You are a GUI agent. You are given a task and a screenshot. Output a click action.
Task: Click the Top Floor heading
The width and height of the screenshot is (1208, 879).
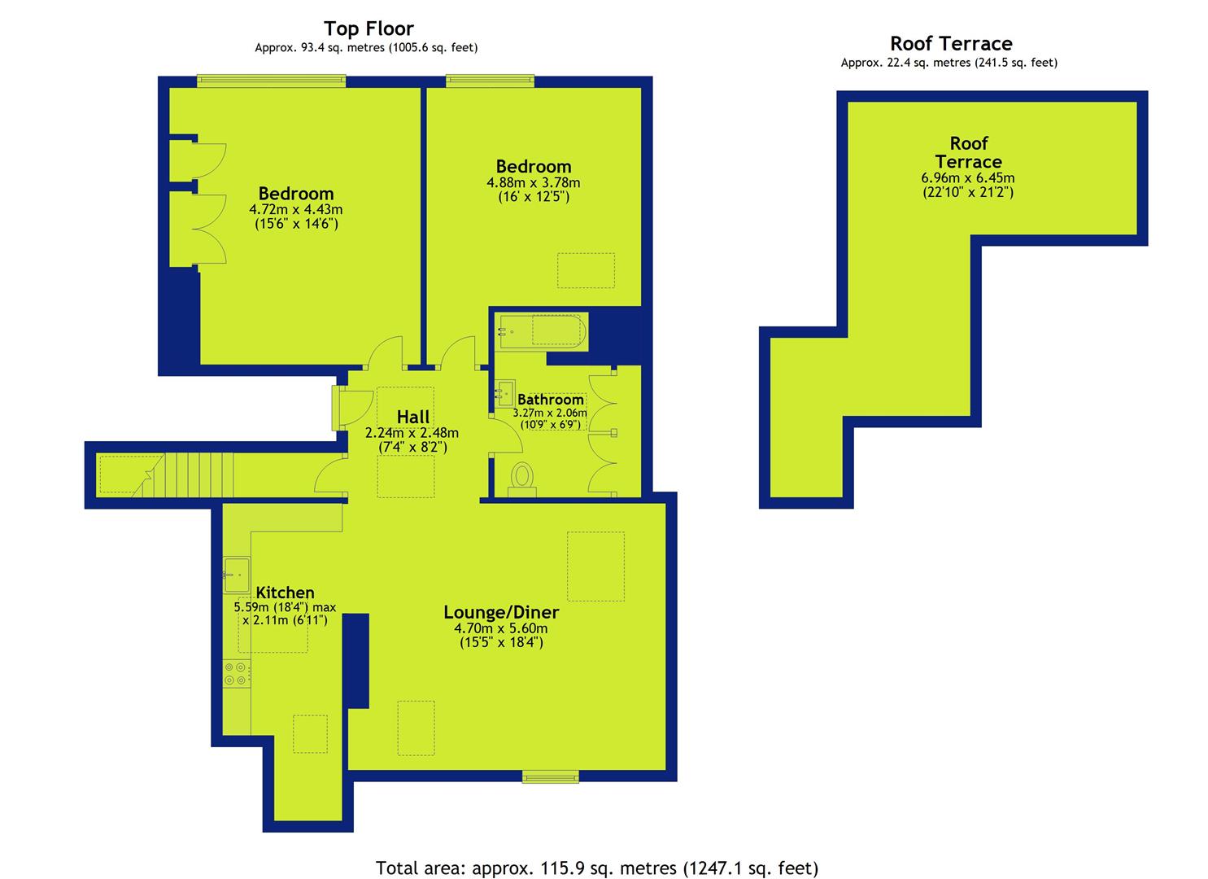coord(369,28)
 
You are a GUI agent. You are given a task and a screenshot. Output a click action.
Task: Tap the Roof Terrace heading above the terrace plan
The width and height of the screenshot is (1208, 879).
coord(951,43)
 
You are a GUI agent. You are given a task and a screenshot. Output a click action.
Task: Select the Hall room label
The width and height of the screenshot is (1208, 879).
coord(413,417)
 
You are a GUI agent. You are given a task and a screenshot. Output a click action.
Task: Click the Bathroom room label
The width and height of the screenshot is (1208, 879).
coord(551,400)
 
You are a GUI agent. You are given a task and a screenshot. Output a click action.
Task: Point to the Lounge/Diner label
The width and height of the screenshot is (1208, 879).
coord(501,612)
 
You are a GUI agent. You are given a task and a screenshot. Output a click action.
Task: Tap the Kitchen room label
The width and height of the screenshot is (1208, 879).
coord(285,592)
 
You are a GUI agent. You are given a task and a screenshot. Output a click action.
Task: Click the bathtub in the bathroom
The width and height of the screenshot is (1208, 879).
coord(542,330)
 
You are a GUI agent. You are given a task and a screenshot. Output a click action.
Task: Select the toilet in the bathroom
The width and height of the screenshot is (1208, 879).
coord(521,479)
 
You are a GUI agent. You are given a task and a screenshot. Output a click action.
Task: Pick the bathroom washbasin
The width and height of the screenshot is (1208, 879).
coord(505,393)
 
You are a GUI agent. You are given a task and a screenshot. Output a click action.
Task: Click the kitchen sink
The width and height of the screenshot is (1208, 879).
coord(237,575)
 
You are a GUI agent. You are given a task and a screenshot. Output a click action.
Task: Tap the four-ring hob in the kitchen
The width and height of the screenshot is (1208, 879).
coord(236,674)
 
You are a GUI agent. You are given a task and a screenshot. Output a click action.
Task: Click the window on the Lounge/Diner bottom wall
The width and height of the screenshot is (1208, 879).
coord(550,776)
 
